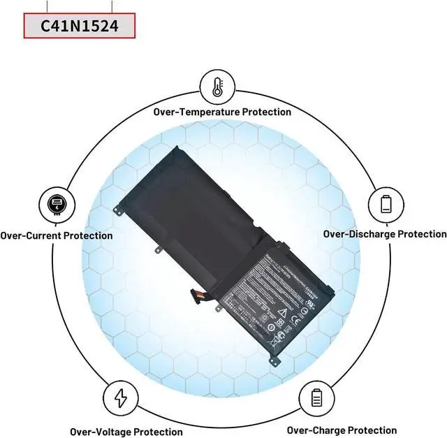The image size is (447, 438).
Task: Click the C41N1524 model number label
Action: click(x=78, y=27)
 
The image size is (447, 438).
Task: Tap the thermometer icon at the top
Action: click(x=217, y=87)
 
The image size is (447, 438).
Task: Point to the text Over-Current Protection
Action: click(x=57, y=235)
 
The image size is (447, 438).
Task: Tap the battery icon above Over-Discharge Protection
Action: click(x=386, y=203)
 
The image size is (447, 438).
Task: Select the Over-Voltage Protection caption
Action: click(x=126, y=432)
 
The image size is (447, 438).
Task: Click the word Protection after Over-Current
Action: click(x=88, y=235)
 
